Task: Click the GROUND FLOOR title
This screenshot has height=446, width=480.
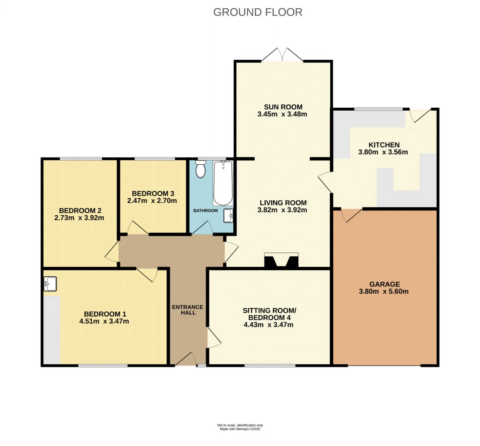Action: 258,12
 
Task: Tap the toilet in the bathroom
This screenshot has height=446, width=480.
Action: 200,169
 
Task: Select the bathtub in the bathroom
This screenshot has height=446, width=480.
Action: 223,183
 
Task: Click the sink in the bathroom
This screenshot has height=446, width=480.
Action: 228,216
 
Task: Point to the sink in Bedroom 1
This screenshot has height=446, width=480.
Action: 50,284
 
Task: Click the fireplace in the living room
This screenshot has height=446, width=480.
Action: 281,260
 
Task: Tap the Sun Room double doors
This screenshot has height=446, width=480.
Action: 282,55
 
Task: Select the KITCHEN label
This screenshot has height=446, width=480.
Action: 384,145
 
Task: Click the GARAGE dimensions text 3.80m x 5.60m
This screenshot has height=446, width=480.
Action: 384,291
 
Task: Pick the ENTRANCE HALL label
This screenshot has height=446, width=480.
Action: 188,310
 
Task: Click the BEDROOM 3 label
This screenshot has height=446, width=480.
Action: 153,194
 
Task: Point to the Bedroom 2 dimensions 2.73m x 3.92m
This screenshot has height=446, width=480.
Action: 79,218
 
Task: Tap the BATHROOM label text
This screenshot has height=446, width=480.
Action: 205,211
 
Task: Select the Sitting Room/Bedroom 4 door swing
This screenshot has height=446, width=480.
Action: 214,338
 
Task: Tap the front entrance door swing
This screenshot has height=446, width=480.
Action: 186,359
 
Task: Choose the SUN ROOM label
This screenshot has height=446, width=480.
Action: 283,107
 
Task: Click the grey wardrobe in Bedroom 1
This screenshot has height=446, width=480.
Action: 52,330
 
